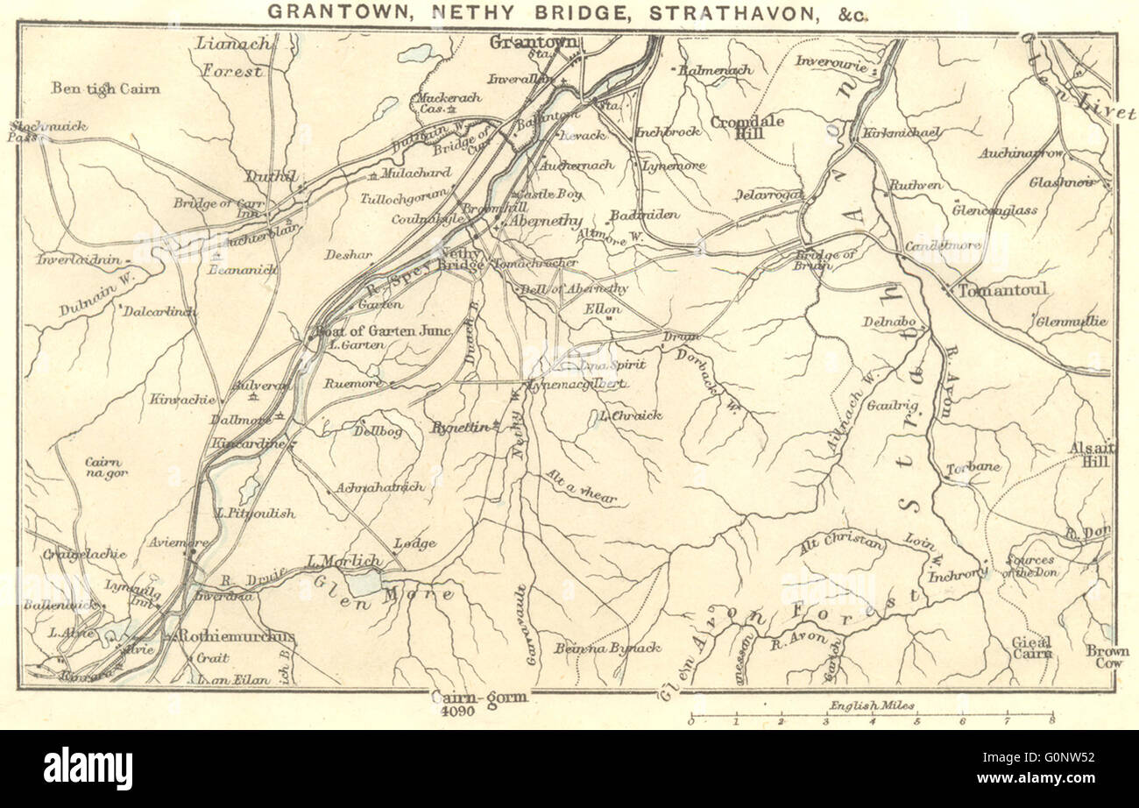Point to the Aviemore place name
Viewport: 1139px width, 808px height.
click(x=180, y=542)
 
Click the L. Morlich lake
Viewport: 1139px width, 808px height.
click(x=362, y=583)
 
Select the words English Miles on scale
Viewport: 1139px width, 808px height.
click(x=873, y=705)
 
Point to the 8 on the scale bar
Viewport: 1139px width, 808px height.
click(x=1051, y=721)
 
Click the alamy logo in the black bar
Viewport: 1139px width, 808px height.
click(x=88, y=769)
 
